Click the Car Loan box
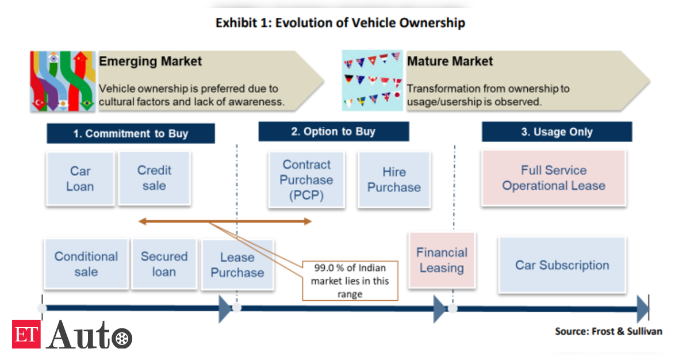(x=80, y=179)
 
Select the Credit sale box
(x=155, y=178)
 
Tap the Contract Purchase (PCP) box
(x=306, y=179)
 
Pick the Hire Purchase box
(x=394, y=179)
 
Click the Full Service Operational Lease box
(x=554, y=178)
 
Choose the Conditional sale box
(x=86, y=264)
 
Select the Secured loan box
(x=164, y=264)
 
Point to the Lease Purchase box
(x=237, y=265)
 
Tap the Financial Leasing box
(x=442, y=260)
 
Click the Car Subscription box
(x=562, y=265)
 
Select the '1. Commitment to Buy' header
(x=131, y=133)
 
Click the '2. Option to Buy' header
(x=333, y=132)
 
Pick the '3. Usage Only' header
(x=557, y=132)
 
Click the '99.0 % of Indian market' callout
(x=350, y=281)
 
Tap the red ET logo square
(x=26, y=334)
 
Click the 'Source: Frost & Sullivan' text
(x=609, y=331)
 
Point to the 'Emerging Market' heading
(x=150, y=61)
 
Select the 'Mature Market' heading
(x=450, y=61)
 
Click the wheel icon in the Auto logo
(x=122, y=339)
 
